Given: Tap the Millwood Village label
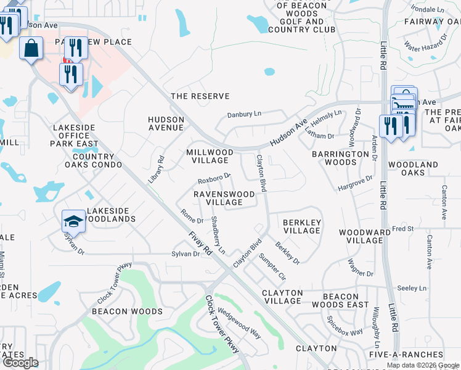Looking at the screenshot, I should (210, 156).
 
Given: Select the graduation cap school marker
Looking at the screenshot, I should (73, 221).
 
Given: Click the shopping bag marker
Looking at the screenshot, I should (31, 47).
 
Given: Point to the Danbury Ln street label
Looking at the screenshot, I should (245, 114).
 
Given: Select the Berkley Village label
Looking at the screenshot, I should (301, 226).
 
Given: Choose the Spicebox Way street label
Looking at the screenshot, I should (345, 326).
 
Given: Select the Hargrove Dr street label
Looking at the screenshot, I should (356, 183).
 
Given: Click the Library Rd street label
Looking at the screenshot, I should (157, 168).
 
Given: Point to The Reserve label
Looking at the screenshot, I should (200, 96).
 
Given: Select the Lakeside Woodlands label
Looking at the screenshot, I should (111, 215).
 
